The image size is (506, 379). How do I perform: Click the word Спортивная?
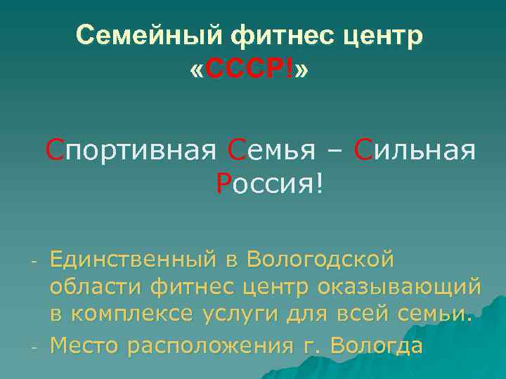tap(131, 149)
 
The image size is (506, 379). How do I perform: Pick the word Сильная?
tap(415, 149)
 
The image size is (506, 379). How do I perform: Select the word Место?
tap(79, 345)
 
